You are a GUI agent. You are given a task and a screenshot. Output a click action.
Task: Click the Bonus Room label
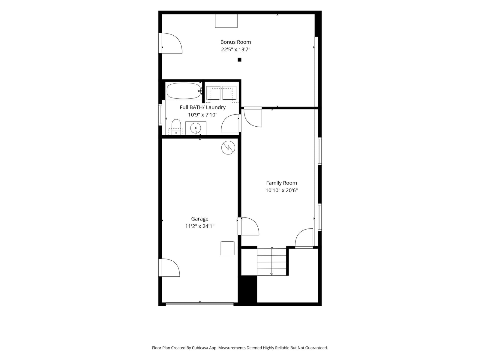click(235, 42)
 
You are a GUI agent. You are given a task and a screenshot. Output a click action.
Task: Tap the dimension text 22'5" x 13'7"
click(235, 49)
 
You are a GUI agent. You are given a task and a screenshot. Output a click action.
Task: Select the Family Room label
click(281, 183)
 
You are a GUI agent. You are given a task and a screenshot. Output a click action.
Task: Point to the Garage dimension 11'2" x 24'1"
click(200, 226)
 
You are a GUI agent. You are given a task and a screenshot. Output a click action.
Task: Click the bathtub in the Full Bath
click(184, 91)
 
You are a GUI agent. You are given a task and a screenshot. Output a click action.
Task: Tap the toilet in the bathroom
click(176, 127)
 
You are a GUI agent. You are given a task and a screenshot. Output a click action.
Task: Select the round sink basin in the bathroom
click(196, 128)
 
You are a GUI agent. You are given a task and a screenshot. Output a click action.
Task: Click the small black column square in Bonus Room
click(239, 60)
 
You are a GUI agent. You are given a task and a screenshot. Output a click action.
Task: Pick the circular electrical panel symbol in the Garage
click(228, 148)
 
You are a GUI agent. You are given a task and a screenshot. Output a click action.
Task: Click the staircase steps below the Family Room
click(271, 262)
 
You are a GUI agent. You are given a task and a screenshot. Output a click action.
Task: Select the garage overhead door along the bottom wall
click(199, 304)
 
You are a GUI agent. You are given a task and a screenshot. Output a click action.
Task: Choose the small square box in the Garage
click(227, 248)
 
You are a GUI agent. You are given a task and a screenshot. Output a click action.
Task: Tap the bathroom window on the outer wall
click(160, 115)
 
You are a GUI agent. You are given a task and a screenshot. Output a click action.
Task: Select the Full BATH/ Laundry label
click(203, 107)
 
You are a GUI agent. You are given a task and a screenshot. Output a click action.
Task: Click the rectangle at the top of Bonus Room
click(226, 21)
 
